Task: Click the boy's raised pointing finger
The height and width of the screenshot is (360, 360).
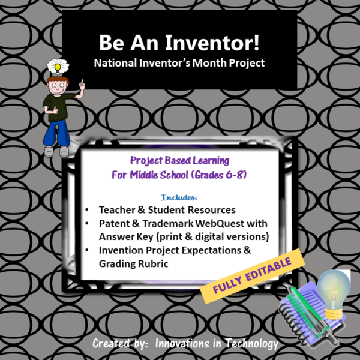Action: coord(80,82)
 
